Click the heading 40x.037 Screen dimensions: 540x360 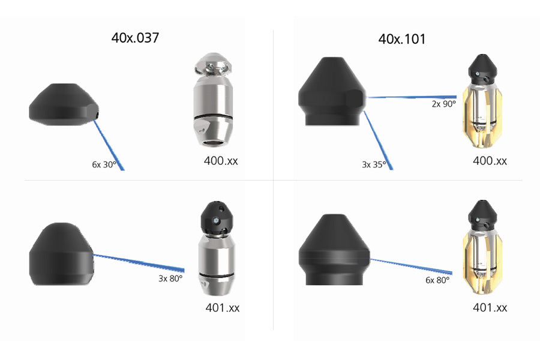pos(135,38)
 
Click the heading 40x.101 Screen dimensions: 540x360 pos(402,39)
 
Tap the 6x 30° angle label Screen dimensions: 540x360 pos(104,164)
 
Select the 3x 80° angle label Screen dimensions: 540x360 pos(170,278)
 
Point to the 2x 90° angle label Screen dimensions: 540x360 pos(444,104)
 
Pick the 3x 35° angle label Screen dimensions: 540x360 pos(374,164)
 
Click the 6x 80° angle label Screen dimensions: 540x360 pos(438,280)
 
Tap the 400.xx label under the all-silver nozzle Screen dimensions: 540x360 pos(221,161)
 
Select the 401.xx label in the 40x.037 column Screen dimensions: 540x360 pos(223,308)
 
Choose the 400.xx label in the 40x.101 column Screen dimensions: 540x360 pos(490,161)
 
